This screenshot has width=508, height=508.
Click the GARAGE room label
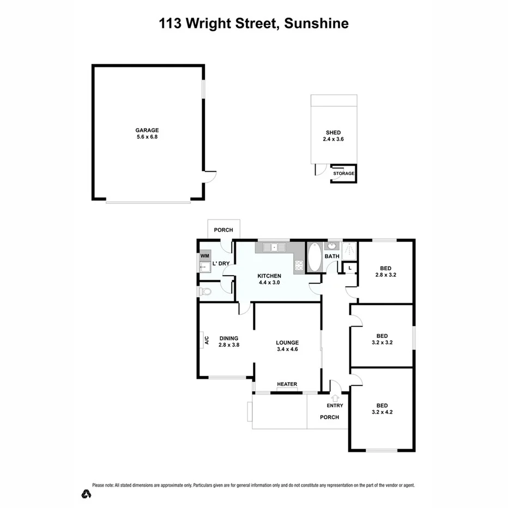(x=147, y=130)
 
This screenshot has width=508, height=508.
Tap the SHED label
(x=333, y=132)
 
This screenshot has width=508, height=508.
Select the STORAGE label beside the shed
(x=344, y=174)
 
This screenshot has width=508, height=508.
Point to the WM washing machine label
(x=204, y=256)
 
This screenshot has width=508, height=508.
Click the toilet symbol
(x=204, y=292)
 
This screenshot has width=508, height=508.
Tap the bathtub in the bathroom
(x=315, y=257)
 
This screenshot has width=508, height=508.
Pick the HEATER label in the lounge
(x=287, y=384)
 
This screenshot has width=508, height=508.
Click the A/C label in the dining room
(x=206, y=341)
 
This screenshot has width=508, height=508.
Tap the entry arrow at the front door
(x=335, y=398)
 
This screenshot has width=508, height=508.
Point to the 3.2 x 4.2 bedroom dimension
(x=382, y=413)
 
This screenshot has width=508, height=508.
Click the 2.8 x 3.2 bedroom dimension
(x=385, y=275)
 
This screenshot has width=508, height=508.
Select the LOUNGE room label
(x=287, y=343)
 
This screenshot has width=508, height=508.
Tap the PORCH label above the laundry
(x=223, y=230)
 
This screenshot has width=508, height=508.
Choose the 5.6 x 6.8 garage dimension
(x=147, y=137)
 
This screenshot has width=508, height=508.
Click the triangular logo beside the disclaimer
(x=86, y=494)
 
